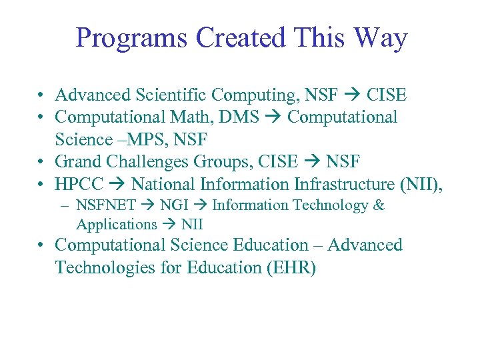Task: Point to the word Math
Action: pyautogui.click(x=185, y=117)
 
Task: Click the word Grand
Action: pyautogui.click(x=77, y=162)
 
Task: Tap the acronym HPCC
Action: pyautogui.click(x=79, y=184)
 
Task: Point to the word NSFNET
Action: pyautogui.click(x=106, y=205)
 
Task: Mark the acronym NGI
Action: pyautogui.click(x=175, y=205)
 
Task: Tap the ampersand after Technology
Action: pyautogui.click(x=379, y=205)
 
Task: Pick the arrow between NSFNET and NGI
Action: pyautogui.click(x=148, y=206)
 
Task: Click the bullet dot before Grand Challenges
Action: pyautogui.click(x=41, y=163)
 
